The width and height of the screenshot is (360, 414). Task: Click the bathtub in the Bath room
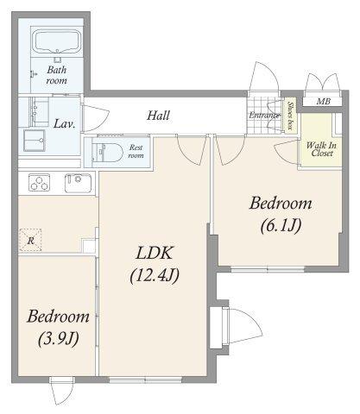(56, 42)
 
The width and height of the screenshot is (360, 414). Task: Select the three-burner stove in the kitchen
(39, 183)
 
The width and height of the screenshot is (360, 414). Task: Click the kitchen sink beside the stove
(78, 183)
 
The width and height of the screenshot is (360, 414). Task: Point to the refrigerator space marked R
(30, 241)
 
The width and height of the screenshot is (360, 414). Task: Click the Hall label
(158, 116)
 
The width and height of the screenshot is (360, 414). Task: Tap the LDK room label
(155, 253)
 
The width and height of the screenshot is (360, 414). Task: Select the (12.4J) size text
(155, 275)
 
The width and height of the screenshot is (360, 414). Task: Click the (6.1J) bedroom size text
(281, 225)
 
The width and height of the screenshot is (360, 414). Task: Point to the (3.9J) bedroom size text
(59, 338)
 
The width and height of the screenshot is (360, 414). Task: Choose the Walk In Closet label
(321, 149)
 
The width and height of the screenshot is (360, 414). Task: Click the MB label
(324, 101)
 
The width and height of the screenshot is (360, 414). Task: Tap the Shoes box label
(290, 116)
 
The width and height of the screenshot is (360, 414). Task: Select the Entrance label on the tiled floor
(264, 116)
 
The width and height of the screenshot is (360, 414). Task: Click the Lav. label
(65, 124)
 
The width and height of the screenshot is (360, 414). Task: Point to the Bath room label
(57, 75)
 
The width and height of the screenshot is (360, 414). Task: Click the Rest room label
(136, 152)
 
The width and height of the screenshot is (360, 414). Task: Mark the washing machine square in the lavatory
(35, 141)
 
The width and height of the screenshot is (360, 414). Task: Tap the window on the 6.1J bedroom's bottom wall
(268, 270)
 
